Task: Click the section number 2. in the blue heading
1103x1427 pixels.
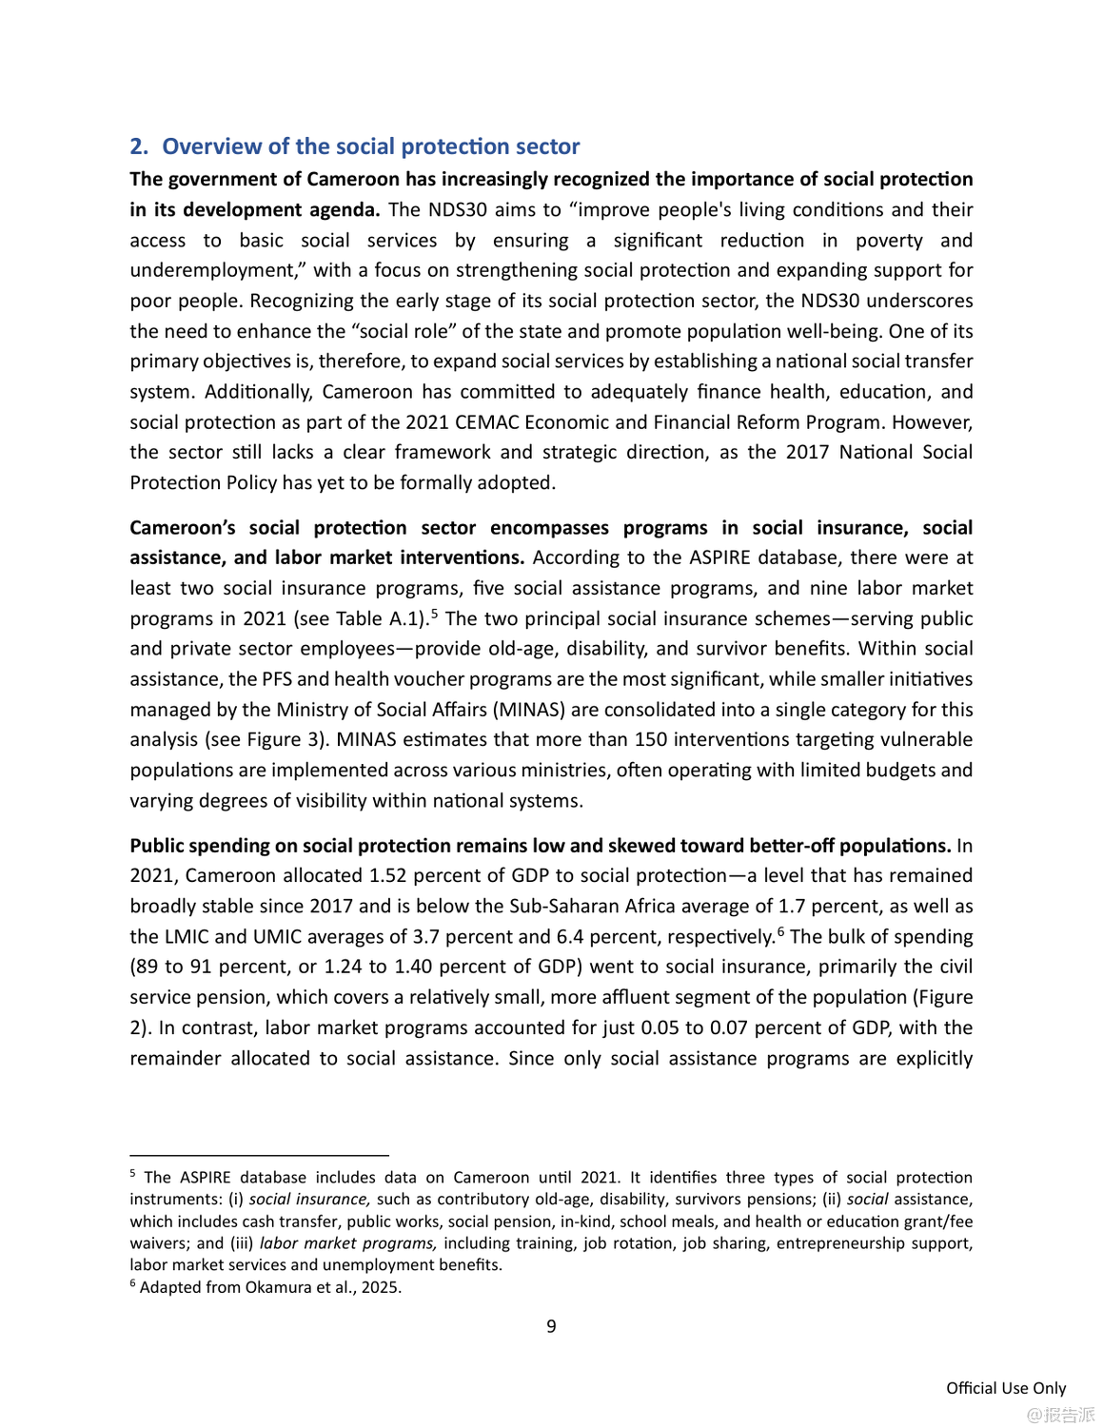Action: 139,147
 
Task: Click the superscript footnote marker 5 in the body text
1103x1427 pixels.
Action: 434,613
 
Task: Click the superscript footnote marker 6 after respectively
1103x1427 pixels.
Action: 780,930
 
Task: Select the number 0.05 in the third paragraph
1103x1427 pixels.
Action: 660,1028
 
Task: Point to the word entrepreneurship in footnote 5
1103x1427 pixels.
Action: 837,1243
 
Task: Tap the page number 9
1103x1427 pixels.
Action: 551,1327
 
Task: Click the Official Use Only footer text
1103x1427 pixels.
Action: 1006,1389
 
